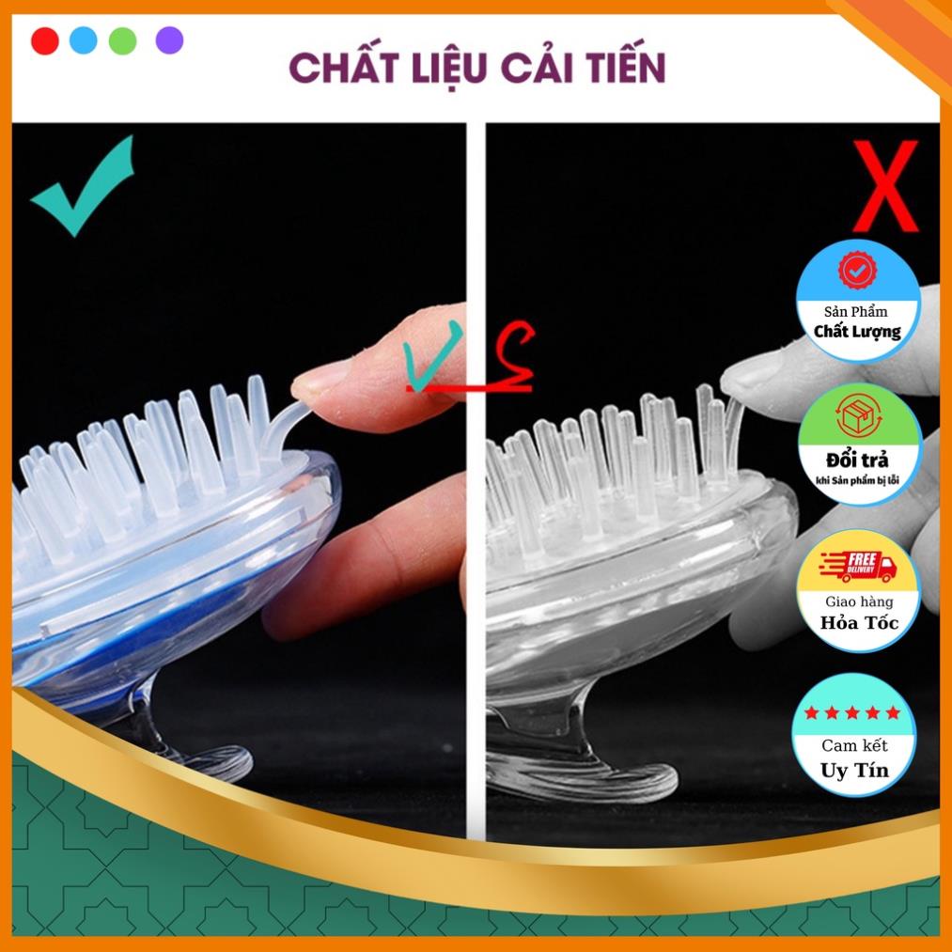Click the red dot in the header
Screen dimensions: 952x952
pos(44,41)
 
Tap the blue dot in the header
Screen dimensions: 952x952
pos(83,41)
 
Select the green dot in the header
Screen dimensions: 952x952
pos(122,41)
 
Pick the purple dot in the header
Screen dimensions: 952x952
pos(169,41)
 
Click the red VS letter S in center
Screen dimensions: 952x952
pos(512,357)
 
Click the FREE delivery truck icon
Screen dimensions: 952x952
pos(857,565)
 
